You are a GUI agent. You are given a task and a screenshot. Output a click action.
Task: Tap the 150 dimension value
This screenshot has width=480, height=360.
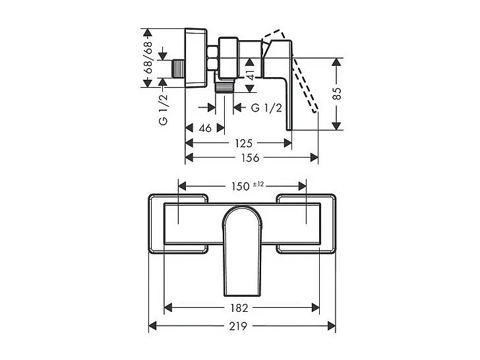tap(239, 187)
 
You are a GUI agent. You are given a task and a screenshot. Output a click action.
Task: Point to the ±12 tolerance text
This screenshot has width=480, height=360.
tap(258, 184)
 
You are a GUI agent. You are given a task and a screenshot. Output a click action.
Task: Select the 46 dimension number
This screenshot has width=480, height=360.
tap(205, 129)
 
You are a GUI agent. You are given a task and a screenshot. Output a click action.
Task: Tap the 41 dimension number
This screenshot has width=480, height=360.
tap(251, 75)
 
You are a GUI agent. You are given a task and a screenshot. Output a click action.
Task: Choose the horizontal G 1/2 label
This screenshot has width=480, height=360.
tap(267, 108)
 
